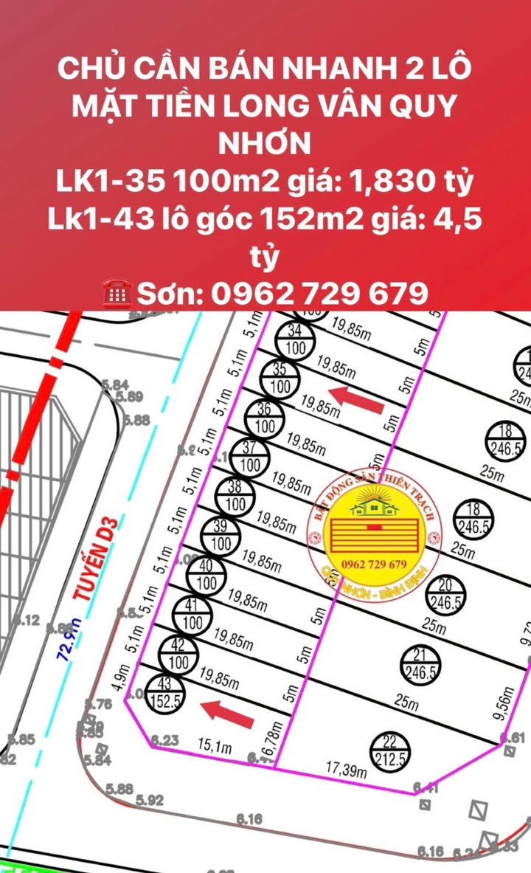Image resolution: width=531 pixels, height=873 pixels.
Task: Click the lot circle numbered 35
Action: (280, 379)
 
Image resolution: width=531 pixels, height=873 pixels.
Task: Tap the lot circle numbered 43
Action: (165, 694)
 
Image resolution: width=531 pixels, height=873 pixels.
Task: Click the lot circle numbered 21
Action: (419, 665)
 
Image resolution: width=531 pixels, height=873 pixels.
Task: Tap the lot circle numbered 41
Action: (192, 615)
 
